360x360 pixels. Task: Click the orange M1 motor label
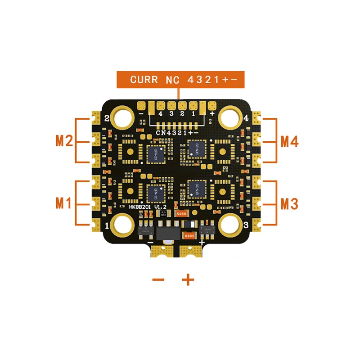pyautogui.click(x=64, y=203)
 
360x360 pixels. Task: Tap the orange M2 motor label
pyautogui.click(x=64, y=141)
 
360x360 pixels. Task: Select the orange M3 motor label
pyautogui.click(x=289, y=203)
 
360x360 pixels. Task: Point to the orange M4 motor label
pyautogui.click(x=289, y=141)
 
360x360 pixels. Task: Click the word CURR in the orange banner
pyautogui.click(x=143, y=80)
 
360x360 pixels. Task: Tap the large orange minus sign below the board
pyautogui.click(x=158, y=280)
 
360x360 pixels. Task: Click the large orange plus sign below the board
pyautogui.click(x=188, y=280)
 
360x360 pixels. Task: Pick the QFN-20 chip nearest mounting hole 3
pyautogui.click(x=196, y=188)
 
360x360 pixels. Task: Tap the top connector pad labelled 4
pyautogui.click(x=160, y=106)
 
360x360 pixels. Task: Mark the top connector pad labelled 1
pyautogui.click(x=193, y=106)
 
